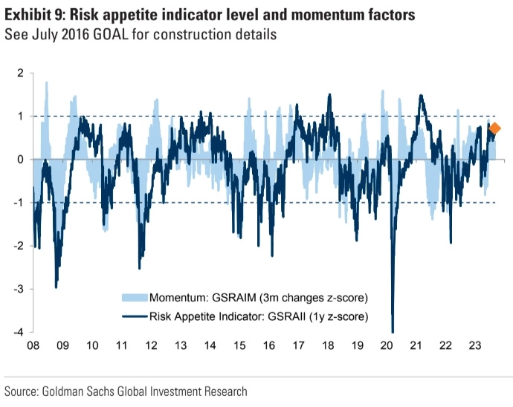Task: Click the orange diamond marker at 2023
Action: pos(495,128)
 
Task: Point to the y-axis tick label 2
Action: pos(20,73)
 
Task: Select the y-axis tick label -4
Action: pos(18,332)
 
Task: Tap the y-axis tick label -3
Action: pos(18,289)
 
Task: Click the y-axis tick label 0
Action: pos(20,160)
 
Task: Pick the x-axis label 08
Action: pos(33,346)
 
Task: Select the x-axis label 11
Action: pos(121,346)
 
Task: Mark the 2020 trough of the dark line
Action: pos(392,331)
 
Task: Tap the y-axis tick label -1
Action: pos(18,203)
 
